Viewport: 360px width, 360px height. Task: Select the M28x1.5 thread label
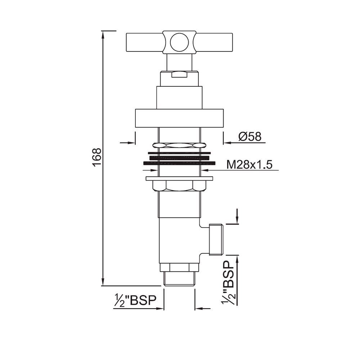tap(249, 165)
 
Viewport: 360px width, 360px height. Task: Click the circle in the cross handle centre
tap(179, 42)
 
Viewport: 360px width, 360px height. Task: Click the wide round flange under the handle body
tap(179, 118)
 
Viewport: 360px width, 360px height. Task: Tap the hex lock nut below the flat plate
tap(179, 186)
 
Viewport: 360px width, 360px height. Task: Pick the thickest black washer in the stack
tap(179, 163)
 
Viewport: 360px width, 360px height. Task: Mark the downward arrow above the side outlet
tap(237, 220)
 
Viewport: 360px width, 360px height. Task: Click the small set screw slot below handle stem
tap(179, 75)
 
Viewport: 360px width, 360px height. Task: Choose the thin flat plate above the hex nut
tap(179, 178)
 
